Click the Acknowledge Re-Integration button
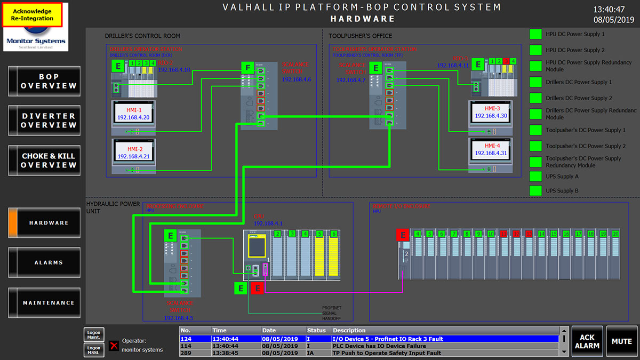pos(33,15)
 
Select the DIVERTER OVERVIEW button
pos(45,121)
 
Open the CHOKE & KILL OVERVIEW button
pos(45,161)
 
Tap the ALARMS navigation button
pos(45,262)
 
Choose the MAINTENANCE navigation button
pos(45,303)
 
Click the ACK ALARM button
pos(587,341)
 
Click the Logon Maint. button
pos(93,334)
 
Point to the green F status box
pos(247,68)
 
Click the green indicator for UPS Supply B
pos(535,190)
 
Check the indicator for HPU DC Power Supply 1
pos(535,34)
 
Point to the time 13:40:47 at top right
pos(613,9)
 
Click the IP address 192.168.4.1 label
pos(268,223)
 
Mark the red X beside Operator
pos(114,345)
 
